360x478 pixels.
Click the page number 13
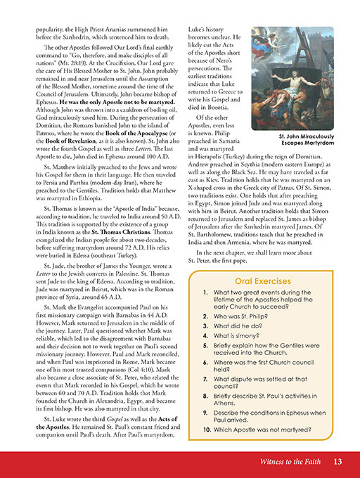(x=338, y=462)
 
